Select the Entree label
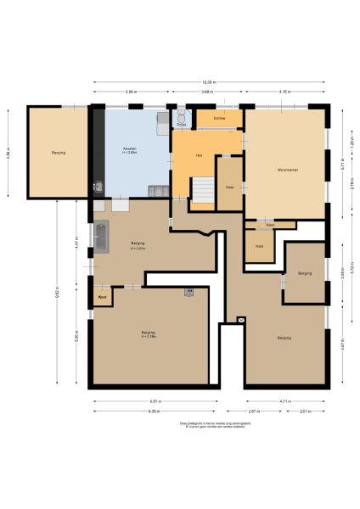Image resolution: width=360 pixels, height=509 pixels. click(x=219, y=117)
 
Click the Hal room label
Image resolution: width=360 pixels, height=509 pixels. click(x=199, y=155)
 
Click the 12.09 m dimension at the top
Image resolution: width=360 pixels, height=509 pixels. click(x=209, y=82)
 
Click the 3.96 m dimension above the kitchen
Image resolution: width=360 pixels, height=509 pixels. click(x=130, y=91)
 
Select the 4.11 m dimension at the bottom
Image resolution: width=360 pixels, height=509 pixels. click(x=285, y=401)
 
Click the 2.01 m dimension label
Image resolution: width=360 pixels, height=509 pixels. click(x=306, y=411)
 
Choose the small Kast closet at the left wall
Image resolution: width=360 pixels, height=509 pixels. click(x=102, y=297)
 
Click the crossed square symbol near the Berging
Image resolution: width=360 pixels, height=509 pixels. click(x=241, y=320)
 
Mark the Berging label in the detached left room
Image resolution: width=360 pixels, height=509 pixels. click(x=58, y=153)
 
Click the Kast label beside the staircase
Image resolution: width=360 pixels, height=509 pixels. click(x=229, y=187)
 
